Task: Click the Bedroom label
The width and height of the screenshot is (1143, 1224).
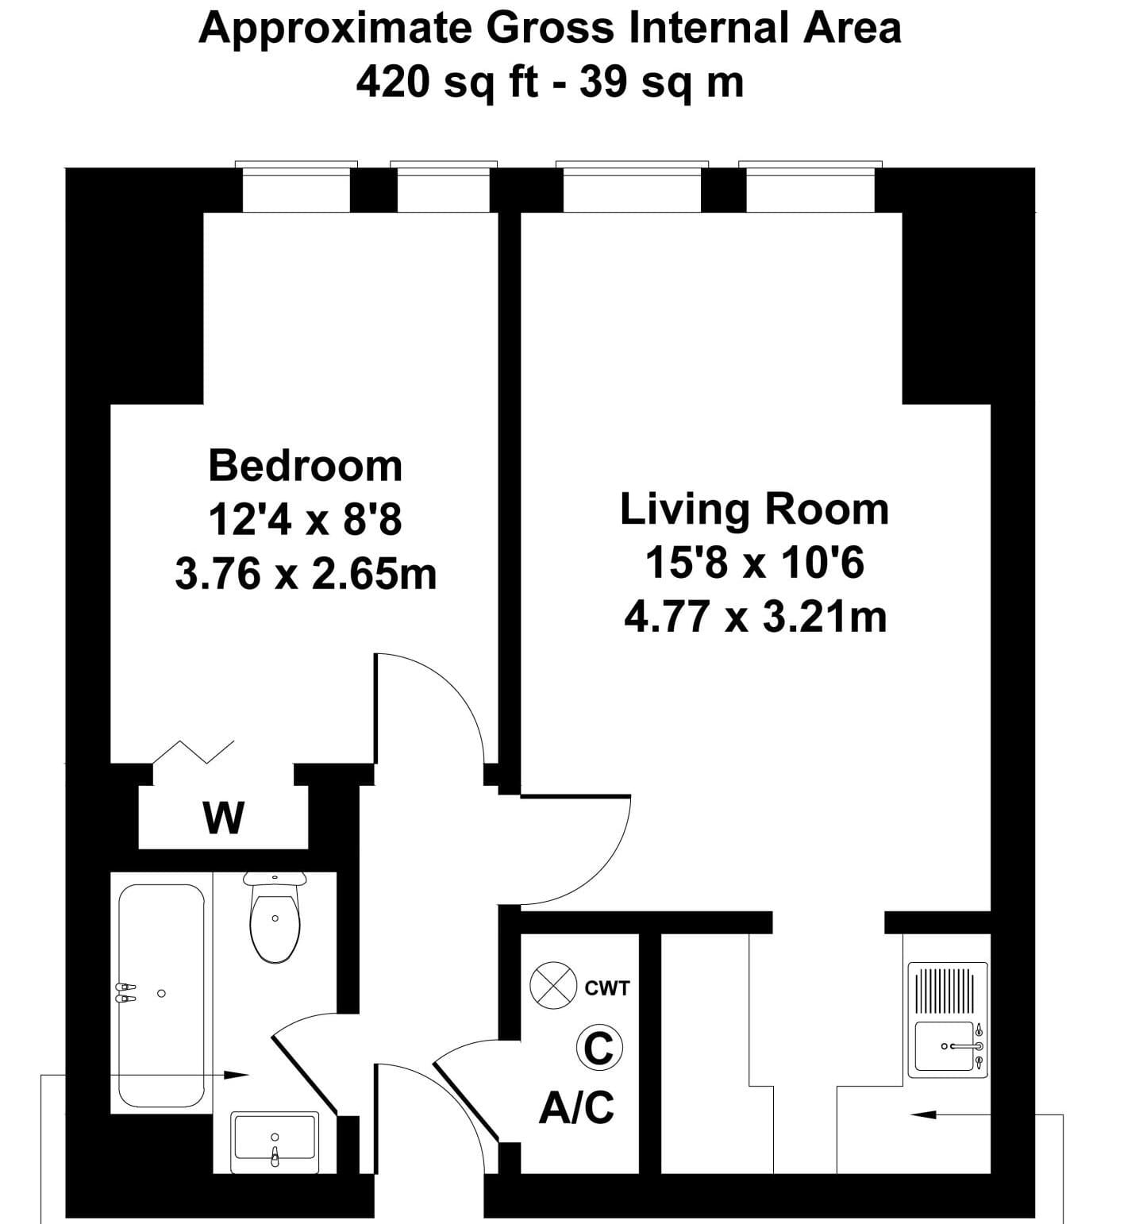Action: (x=306, y=466)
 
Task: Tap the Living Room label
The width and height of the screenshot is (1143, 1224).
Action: (x=754, y=509)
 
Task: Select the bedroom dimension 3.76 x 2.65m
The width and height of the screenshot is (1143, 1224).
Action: (x=306, y=574)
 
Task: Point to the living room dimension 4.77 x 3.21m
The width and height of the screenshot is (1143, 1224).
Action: (x=755, y=617)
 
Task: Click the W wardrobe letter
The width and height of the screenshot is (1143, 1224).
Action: (x=224, y=818)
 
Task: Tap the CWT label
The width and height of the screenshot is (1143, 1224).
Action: (x=607, y=988)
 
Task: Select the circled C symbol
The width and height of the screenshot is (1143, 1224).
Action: (x=598, y=1048)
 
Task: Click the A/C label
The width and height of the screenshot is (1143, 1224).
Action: (x=576, y=1107)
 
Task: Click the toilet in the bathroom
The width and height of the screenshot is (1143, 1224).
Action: (x=275, y=918)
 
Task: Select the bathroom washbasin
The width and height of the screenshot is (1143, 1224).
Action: (x=275, y=1142)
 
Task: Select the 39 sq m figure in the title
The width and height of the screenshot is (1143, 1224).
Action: (x=661, y=82)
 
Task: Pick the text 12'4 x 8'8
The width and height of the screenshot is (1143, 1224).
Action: (x=306, y=521)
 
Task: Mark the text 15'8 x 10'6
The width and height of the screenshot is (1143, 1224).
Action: (x=754, y=564)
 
